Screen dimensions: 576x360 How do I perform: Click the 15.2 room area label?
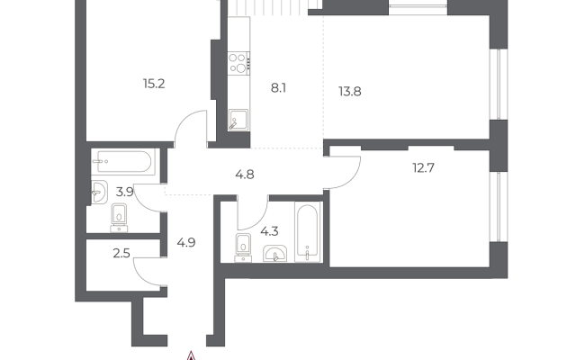(154, 84)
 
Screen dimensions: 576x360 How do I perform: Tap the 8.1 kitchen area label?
(278, 88)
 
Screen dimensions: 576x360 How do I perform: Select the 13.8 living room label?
(350, 92)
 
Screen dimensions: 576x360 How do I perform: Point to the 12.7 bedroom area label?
(423, 168)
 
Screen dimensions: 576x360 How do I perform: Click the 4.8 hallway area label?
(245, 175)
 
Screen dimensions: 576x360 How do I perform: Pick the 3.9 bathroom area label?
(124, 192)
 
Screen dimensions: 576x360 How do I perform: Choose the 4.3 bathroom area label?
(269, 231)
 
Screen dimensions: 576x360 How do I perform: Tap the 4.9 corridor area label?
(186, 242)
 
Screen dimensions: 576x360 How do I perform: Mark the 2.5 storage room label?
(121, 254)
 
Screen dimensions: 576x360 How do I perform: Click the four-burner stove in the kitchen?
(238, 63)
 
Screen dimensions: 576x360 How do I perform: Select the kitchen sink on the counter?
(238, 120)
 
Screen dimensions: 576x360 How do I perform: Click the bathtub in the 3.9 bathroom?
(124, 162)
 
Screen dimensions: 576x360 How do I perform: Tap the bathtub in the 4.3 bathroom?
(308, 232)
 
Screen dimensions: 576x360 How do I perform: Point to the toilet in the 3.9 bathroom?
(119, 218)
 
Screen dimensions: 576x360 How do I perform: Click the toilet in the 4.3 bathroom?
(243, 248)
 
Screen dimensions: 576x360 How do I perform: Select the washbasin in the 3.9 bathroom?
(99, 192)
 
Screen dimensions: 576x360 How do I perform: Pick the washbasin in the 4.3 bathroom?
(275, 254)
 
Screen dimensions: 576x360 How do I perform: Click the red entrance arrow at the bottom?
(191, 356)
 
